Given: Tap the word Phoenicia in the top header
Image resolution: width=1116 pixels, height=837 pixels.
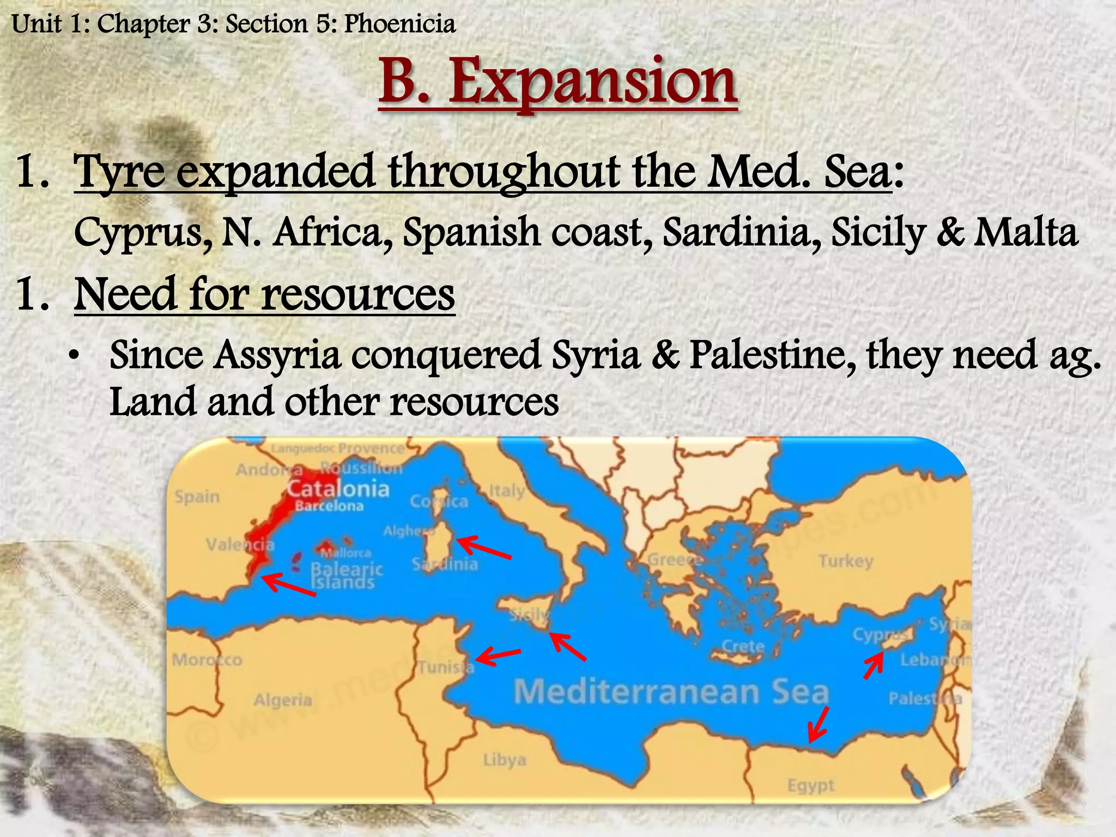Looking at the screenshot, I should [399, 25].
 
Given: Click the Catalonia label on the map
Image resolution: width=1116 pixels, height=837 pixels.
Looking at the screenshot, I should [338, 489].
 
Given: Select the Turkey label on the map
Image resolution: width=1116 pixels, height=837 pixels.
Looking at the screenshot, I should [846, 561].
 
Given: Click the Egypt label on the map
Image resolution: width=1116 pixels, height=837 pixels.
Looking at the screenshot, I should [811, 785].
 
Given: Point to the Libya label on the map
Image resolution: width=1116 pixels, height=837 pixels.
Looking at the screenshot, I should [505, 760].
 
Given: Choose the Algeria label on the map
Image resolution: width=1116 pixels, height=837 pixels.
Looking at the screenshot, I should [283, 700].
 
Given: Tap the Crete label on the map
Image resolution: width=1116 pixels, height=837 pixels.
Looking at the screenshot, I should [743, 646].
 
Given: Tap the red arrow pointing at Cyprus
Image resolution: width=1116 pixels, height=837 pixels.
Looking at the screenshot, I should [874, 666].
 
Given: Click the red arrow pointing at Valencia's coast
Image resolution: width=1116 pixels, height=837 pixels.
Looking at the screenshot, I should [288, 585].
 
